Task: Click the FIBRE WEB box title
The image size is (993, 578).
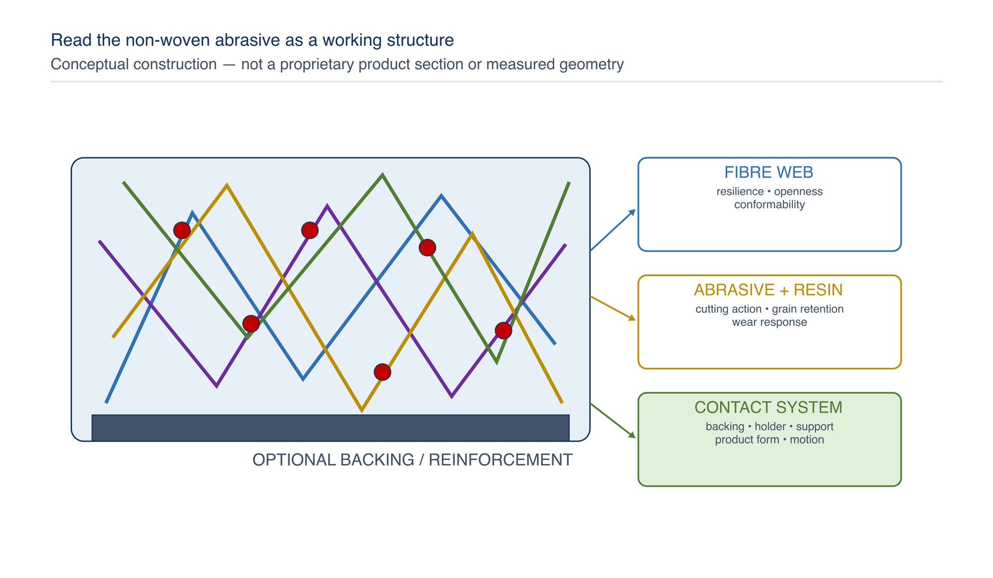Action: coord(768,172)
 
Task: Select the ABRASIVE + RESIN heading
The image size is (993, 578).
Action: coord(768,290)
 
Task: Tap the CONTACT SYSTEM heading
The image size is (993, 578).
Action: coord(768,407)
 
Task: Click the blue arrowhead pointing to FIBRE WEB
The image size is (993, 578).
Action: coord(632,213)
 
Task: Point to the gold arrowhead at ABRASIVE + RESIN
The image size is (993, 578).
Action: coord(632,318)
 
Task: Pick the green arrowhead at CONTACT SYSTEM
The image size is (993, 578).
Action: coord(632,435)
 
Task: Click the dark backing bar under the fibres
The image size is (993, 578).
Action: coord(331,428)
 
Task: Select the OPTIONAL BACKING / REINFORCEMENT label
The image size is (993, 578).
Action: coord(412,460)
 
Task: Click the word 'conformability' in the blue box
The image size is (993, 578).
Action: coord(769,205)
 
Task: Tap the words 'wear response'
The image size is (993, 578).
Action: coord(769,322)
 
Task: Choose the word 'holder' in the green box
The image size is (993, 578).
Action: coord(770,426)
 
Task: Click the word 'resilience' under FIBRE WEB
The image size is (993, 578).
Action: coord(740,192)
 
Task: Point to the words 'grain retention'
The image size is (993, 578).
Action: coord(808,309)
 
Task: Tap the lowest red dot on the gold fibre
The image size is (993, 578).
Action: coord(382,372)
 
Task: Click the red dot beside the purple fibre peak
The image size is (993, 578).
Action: coord(310,230)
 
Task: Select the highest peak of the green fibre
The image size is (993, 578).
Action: coord(382,174)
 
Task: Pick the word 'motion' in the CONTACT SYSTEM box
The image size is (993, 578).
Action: coord(807,440)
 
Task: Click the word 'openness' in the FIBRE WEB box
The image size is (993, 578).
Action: coord(798,192)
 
